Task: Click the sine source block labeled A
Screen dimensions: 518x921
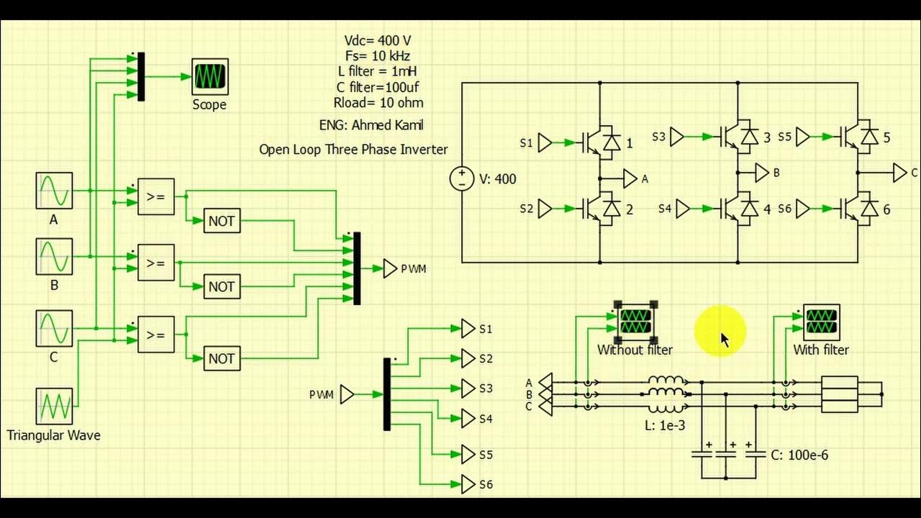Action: (x=54, y=191)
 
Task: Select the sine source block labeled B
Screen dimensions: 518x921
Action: (x=54, y=257)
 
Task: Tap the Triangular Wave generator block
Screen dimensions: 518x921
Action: (x=54, y=406)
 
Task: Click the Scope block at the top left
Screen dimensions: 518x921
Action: (x=210, y=77)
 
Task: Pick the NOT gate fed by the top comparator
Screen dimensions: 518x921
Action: (x=222, y=221)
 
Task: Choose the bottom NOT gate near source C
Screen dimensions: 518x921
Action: (x=222, y=358)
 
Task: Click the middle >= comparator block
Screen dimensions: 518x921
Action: (x=155, y=263)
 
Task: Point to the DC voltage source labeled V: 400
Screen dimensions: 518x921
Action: (x=461, y=179)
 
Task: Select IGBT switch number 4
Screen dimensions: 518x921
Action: (x=740, y=209)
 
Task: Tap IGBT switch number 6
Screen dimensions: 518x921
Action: (x=859, y=209)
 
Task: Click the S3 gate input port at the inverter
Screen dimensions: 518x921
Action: (x=677, y=137)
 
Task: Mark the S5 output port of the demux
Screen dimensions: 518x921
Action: (x=468, y=455)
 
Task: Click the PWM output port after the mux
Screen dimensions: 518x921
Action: (x=390, y=268)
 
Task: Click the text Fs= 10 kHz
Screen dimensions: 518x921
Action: (x=378, y=55)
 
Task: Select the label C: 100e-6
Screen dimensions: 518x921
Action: (x=799, y=455)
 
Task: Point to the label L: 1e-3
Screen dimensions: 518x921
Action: (x=665, y=425)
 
